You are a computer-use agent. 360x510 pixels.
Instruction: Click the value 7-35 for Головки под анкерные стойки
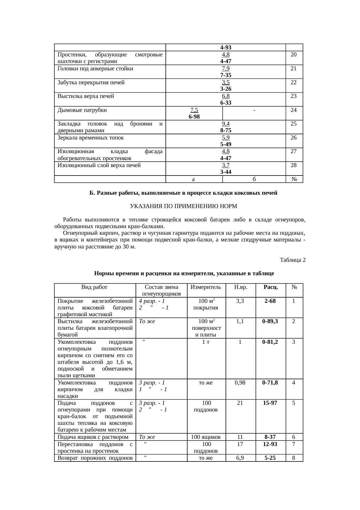click(226, 75)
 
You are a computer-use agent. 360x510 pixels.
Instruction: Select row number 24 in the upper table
click(294, 110)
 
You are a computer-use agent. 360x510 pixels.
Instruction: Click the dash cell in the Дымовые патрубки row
click(254, 110)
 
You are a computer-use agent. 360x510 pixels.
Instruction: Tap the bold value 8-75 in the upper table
click(226, 130)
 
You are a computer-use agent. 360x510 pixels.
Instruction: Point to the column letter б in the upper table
click(254, 179)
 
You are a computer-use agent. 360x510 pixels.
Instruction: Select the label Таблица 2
click(292, 260)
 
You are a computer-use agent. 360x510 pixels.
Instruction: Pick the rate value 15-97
click(270, 403)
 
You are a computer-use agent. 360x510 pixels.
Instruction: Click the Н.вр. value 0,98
click(240, 383)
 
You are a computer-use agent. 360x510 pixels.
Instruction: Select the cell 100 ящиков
click(206, 437)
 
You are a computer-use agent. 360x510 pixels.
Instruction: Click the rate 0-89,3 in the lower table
click(270, 321)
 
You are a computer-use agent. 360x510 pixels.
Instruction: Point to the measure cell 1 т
click(206, 342)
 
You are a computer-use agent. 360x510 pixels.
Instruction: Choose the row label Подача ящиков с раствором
click(93, 437)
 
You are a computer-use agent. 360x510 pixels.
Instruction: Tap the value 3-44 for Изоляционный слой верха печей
click(226, 172)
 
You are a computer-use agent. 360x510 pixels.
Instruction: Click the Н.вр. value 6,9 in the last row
click(240, 458)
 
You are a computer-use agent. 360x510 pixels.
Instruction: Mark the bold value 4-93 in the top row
click(226, 48)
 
